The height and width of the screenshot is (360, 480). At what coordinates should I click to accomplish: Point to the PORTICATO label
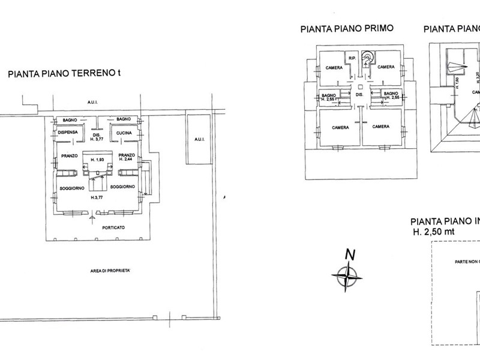pyautogui.click(x=113, y=227)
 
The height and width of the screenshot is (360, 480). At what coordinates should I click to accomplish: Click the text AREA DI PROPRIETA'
pyautogui.click(x=107, y=271)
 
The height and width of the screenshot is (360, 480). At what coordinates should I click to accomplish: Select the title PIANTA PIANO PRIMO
pyautogui.click(x=338, y=29)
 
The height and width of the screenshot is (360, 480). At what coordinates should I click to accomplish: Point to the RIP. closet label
pyautogui.click(x=353, y=58)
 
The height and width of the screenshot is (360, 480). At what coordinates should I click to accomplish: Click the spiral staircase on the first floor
pyautogui.click(x=367, y=58)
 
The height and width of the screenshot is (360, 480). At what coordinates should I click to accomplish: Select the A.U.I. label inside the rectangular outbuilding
pyautogui.click(x=199, y=139)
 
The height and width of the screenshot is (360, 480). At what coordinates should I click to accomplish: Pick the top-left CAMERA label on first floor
pyautogui.click(x=334, y=67)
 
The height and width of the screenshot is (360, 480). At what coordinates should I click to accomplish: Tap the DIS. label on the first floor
pyautogui.click(x=359, y=95)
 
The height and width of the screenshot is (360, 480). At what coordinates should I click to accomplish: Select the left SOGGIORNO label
pyautogui.click(x=70, y=188)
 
